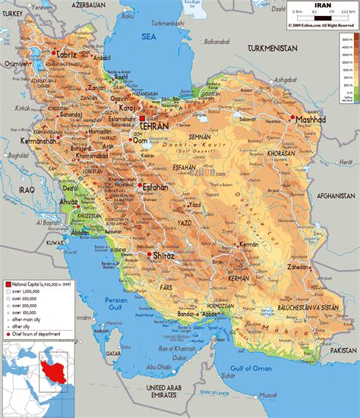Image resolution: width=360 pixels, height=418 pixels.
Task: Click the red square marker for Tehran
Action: [142, 119]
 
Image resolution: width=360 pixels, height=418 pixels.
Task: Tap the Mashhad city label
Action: [311, 120]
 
